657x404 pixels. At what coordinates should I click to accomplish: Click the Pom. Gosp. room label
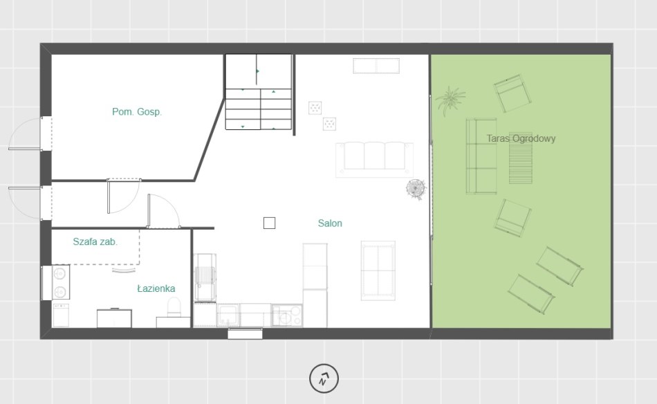tap(137, 112)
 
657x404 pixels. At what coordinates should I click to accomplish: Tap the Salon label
tap(330, 223)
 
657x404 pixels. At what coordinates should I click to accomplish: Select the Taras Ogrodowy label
tap(521, 139)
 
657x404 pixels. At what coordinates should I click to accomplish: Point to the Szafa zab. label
tap(95, 242)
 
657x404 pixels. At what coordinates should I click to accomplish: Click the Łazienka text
tap(156, 288)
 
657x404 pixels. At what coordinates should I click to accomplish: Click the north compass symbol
tap(324, 378)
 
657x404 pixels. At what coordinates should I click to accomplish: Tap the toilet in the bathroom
tap(174, 307)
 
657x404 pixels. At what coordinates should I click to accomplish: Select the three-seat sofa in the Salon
tap(375, 159)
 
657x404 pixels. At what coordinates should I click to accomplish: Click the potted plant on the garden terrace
tap(450, 100)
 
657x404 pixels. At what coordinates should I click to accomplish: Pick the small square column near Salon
tap(270, 223)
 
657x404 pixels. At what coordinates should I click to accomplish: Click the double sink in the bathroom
tap(60, 282)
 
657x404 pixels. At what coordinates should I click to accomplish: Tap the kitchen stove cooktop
tap(286, 315)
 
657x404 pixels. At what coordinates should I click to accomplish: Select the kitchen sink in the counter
tap(228, 315)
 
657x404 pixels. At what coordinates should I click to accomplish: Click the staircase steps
tap(259, 109)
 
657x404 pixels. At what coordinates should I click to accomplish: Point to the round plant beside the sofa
tap(416, 189)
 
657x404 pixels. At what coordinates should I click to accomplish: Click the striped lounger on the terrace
tap(520, 158)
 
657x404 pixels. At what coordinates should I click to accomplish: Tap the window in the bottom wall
tap(245, 333)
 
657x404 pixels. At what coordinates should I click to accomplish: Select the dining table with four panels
tap(378, 270)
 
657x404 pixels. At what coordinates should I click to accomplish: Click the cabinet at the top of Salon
tap(376, 66)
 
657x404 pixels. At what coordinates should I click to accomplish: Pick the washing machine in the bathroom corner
tap(61, 315)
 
